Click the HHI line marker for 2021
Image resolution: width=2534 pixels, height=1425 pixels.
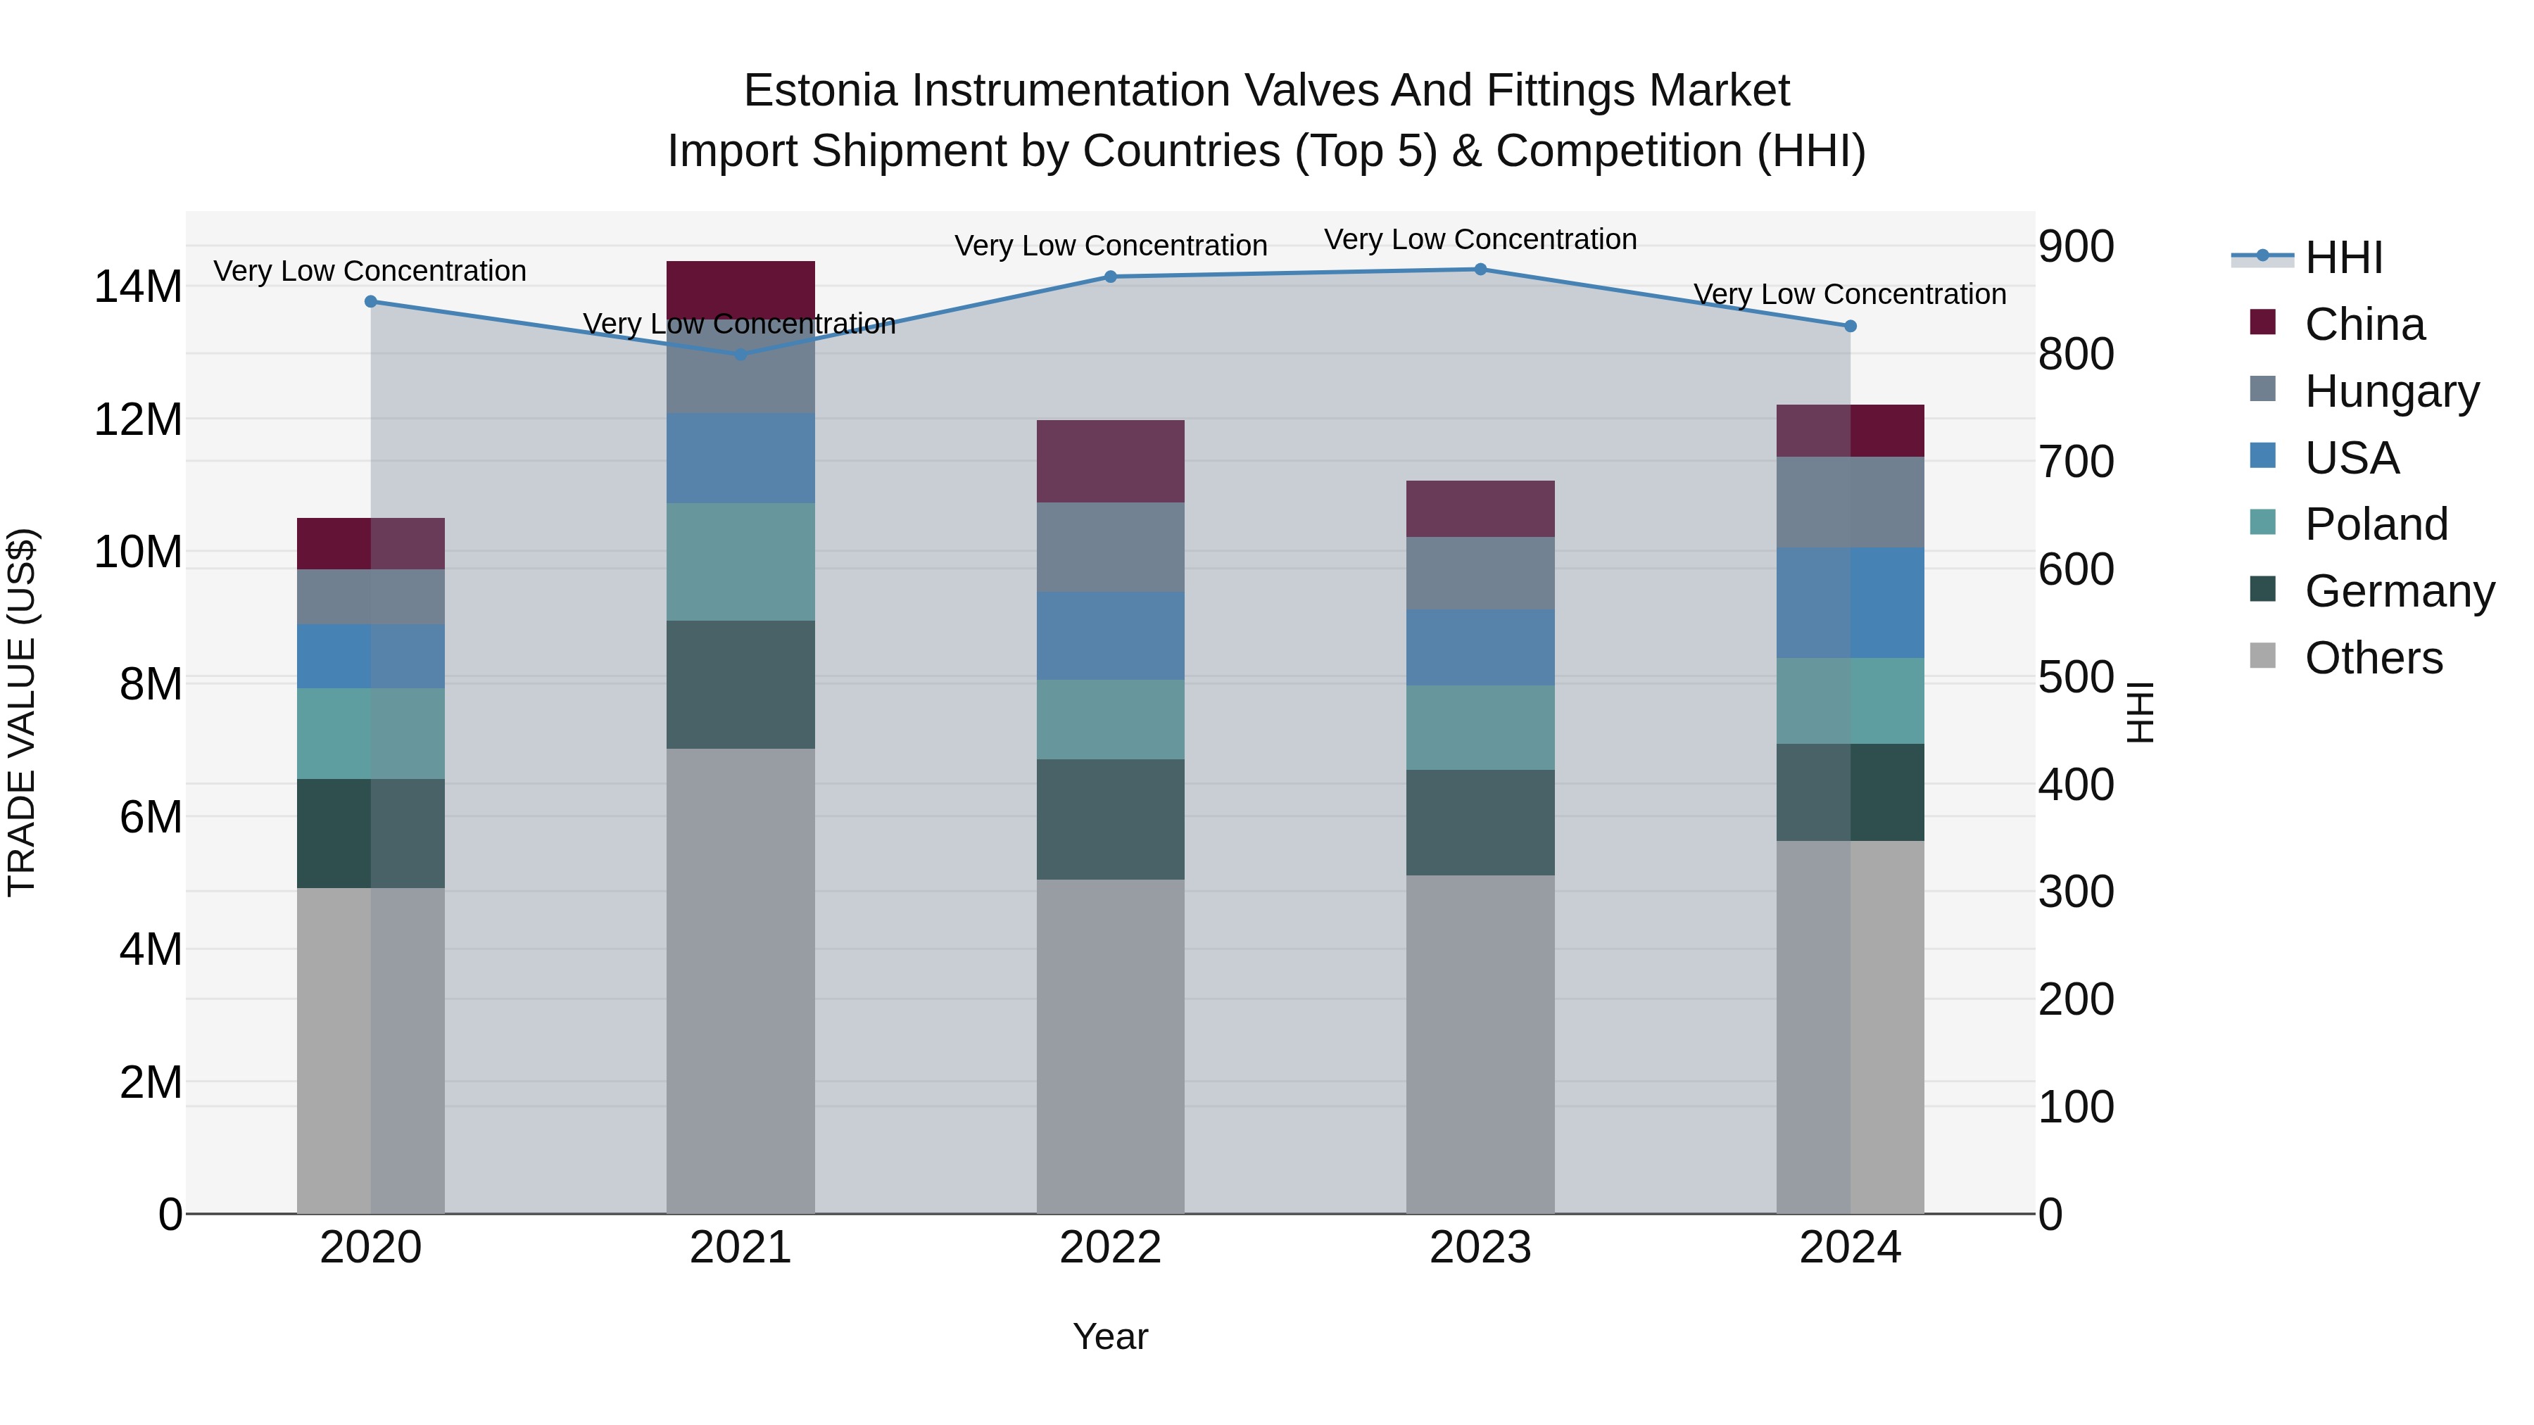point(740,354)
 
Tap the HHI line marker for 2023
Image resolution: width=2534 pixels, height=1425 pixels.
point(1480,270)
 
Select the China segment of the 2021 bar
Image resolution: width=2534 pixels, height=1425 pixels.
point(740,289)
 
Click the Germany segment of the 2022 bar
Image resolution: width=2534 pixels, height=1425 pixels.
point(1111,819)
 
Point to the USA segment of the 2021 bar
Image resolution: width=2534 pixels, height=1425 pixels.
point(740,458)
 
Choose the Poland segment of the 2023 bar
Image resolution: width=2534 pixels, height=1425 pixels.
point(1480,728)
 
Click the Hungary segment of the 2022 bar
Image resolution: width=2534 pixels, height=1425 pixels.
point(1111,547)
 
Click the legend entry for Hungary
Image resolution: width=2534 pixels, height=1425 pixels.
point(2390,391)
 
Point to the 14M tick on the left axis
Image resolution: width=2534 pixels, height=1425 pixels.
point(138,287)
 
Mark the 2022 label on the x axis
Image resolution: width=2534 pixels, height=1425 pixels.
point(1111,1248)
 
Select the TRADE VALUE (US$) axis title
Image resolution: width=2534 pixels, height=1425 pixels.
point(22,712)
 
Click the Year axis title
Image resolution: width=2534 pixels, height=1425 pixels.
point(1111,1336)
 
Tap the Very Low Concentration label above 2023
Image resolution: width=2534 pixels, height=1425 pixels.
point(1480,239)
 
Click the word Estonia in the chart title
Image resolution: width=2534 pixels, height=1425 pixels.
point(821,91)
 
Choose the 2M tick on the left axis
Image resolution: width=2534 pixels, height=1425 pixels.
point(149,1082)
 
